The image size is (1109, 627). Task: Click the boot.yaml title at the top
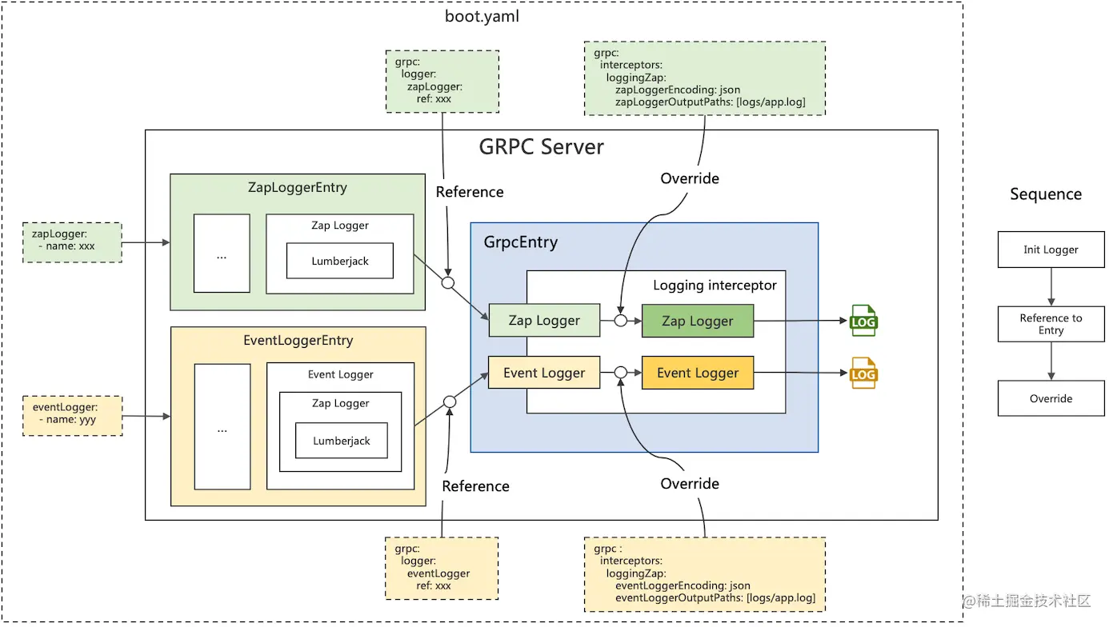coord(482,16)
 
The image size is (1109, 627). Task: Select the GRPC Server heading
coord(541,147)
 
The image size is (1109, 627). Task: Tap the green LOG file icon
coord(863,321)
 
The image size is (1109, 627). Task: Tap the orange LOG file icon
coord(863,373)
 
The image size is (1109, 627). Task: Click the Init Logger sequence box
coord(1051,250)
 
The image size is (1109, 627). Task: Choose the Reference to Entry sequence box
coord(1051,324)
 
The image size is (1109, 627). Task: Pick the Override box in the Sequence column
coord(1051,398)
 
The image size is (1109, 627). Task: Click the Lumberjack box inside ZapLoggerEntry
coord(340,262)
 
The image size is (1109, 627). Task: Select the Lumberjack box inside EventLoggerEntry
coord(342,441)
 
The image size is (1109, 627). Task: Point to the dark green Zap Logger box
coord(698,321)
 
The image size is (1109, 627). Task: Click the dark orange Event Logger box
coord(698,373)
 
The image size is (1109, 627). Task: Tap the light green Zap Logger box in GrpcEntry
coord(544,321)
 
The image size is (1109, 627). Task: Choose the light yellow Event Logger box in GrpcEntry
coord(544,373)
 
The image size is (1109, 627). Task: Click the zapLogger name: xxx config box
coord(72,242)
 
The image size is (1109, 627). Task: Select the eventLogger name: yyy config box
coord(72,414)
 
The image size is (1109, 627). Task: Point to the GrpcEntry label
coord(520,242)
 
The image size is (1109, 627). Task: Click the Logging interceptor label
coord(715,285)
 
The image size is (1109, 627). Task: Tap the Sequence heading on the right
coord(1045,194)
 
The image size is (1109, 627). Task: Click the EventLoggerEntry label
coord(298,341)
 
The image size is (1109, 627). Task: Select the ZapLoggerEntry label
coord(298,188)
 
